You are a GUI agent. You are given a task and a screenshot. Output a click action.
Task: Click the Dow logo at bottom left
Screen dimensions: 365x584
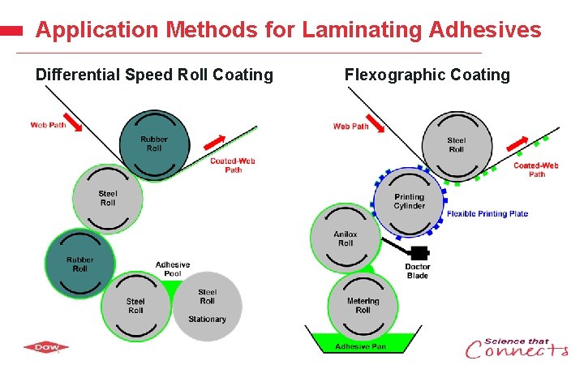pos(46,347)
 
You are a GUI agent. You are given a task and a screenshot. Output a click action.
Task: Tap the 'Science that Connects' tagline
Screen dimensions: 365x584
pos(517,348)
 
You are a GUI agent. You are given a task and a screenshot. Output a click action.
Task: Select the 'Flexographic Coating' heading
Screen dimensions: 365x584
pos(427,75)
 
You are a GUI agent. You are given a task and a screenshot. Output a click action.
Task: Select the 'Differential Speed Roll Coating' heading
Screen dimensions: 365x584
pos(154,75)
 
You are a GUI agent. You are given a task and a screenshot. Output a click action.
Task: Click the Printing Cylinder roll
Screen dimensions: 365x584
pos(410,202)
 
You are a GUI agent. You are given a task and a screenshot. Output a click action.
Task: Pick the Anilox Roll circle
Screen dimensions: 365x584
pos(346,238)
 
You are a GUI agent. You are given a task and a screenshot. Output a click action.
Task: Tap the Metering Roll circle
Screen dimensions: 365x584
pos(363,306)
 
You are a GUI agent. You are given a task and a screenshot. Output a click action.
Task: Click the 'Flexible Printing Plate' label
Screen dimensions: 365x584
pos(487,214)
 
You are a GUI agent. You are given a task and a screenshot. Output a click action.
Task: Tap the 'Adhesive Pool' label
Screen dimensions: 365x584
pos(173,269)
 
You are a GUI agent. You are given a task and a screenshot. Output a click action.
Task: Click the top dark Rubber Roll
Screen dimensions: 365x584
pos(154,144)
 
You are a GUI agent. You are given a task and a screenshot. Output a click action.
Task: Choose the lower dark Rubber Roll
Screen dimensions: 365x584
pos(79,264)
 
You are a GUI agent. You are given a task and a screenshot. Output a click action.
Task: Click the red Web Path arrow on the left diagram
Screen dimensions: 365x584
pos(72,121)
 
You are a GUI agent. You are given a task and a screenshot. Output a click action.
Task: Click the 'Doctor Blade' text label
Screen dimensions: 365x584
pos(418,271)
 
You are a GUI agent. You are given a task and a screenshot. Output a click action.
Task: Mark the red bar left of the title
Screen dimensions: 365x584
pos(11,31)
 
